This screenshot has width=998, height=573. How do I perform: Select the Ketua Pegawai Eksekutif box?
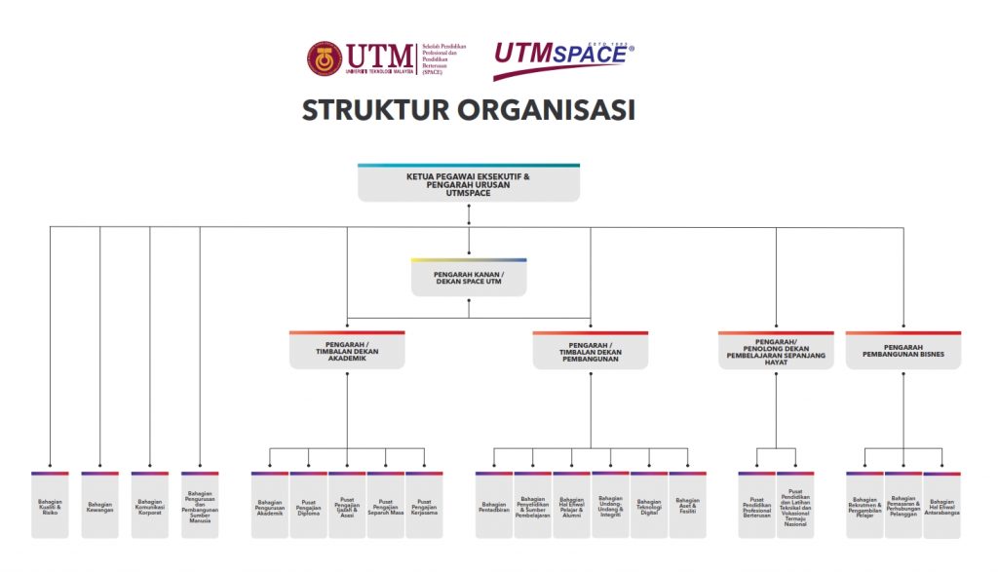tap(468, 183)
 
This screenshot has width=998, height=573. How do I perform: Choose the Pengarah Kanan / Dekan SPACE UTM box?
tap(468, 279)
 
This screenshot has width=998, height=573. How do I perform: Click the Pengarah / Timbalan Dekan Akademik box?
tap(347, 351)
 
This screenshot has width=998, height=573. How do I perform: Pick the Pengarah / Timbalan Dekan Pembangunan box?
tap(590, 351)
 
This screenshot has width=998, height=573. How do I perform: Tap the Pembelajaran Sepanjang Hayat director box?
tap(776, 351)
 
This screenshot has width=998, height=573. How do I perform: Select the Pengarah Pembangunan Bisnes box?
tap(902, 351)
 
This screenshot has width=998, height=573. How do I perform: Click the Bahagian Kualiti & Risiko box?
tap(50, 505)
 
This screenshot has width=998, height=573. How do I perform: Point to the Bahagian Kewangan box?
tap(99, 505)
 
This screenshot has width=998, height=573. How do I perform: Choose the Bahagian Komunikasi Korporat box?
tap(149, 505)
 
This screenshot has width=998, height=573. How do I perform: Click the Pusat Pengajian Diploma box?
tap(308, 505)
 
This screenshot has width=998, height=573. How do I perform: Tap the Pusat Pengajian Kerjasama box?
tap(424, 505)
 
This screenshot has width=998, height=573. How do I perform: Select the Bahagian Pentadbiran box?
tap(494, 505)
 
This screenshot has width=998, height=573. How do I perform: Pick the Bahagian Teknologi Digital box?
tap(648, 505)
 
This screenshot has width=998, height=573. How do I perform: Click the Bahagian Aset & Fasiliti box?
tap(687, 505)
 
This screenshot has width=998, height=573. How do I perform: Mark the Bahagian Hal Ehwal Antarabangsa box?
tap(941, 505)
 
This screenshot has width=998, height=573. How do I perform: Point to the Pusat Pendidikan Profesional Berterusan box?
tap(756, 505)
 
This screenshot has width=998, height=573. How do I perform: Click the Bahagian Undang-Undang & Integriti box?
tap(610, 505)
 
